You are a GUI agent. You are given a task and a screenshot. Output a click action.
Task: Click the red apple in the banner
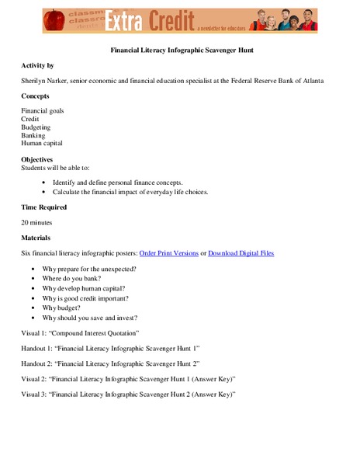[54, 20]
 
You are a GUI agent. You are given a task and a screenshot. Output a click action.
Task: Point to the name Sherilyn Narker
[47, 80]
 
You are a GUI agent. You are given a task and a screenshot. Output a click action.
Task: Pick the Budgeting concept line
[36, 127]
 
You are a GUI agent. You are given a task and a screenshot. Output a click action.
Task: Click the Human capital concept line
[43, 143]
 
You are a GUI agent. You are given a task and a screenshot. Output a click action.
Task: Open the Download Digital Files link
[241, 253]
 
